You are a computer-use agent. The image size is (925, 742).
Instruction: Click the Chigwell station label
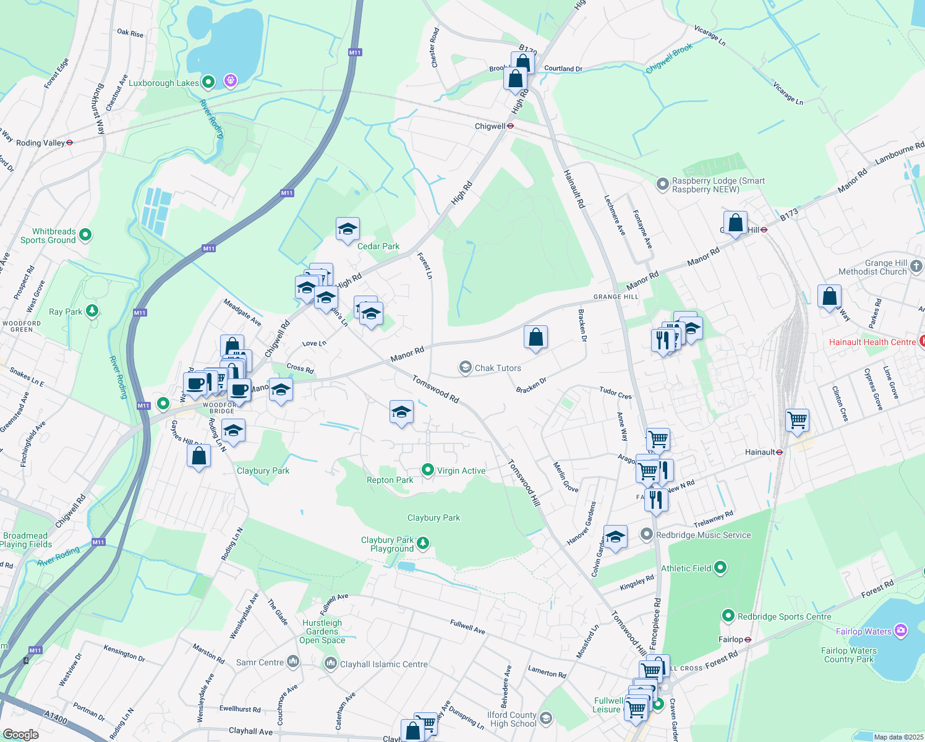[x=490, y=126]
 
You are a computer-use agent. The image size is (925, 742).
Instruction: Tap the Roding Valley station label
[x=40, y=143]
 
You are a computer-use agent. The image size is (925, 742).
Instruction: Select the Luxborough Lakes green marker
[x=208, y=82]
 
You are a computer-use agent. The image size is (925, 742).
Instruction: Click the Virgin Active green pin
[x=427, y=471]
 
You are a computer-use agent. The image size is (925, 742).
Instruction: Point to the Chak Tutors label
[x=498, y=368]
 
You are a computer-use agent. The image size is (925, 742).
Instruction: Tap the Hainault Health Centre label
[x=872, y=342]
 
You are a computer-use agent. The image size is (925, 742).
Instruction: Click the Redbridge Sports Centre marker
[x=728, y=616]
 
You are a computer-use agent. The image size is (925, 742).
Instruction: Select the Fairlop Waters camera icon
[x=901, y=631]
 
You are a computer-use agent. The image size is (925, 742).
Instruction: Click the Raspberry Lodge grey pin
[x=663, y=184]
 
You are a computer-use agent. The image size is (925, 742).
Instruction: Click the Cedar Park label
[x=378, y=246]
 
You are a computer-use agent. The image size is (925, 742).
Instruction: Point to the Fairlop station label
[x=731, y=639]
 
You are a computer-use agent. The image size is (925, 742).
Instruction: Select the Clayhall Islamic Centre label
[x=383, y=664]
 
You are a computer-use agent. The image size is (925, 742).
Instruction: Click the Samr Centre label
[x=260, y=662]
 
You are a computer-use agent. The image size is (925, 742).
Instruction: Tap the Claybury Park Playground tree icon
[x=423, y=543]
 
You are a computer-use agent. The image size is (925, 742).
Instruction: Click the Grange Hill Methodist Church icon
[x=916, y=267]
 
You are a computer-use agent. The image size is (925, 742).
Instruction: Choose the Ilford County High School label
[x=513, y=719]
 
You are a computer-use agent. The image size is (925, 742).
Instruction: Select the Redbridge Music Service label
[x=703, y=535]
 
